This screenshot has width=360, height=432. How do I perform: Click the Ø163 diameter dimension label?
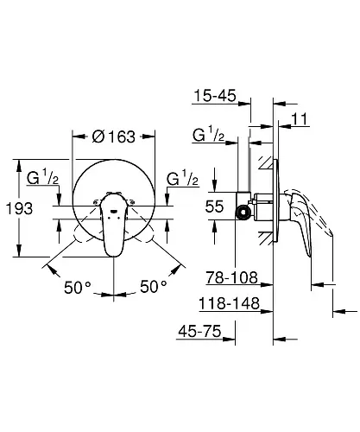pyautogui.click(x=114, y=137)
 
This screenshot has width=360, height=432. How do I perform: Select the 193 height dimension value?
pyautogui.click(x=20, y=208)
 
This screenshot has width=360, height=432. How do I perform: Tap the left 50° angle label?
pyautogui.click(x=78, y=288)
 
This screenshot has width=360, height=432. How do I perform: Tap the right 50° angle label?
pyautogui.click(x=154, y=287)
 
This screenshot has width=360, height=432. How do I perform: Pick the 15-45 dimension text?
pyautogui.click(x=215, y=95)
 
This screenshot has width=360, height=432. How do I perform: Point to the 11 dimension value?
pyautogui.click(x=300, y=119)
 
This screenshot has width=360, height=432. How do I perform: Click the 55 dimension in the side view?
pyautogui.click(x=214, y=206)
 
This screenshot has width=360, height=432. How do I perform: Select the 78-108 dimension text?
pyautogui.click(x=231, y=277)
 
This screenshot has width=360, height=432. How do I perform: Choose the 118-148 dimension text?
pyautogui.click(x=230, y=303)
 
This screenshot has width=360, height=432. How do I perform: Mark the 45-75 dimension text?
pyautogui.click(x=199, y=331)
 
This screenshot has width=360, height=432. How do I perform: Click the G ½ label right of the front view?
pyautogui.click(x=182, y=179)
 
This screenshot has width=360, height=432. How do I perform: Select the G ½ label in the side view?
pyautogui.click(x=209, y=135)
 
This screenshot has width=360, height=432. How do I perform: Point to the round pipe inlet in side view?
pyautogui.click(x=243, y=213)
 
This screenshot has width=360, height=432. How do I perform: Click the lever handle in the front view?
pyautogui.click(x=112, y=225)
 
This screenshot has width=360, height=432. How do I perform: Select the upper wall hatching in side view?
pyautogui.click(x=266, y=163)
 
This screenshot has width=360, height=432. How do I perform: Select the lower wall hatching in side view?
pyautogui.click(x=266, y=238)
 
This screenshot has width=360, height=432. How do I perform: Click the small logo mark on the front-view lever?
pyautogui.click(x=113, y=212)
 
